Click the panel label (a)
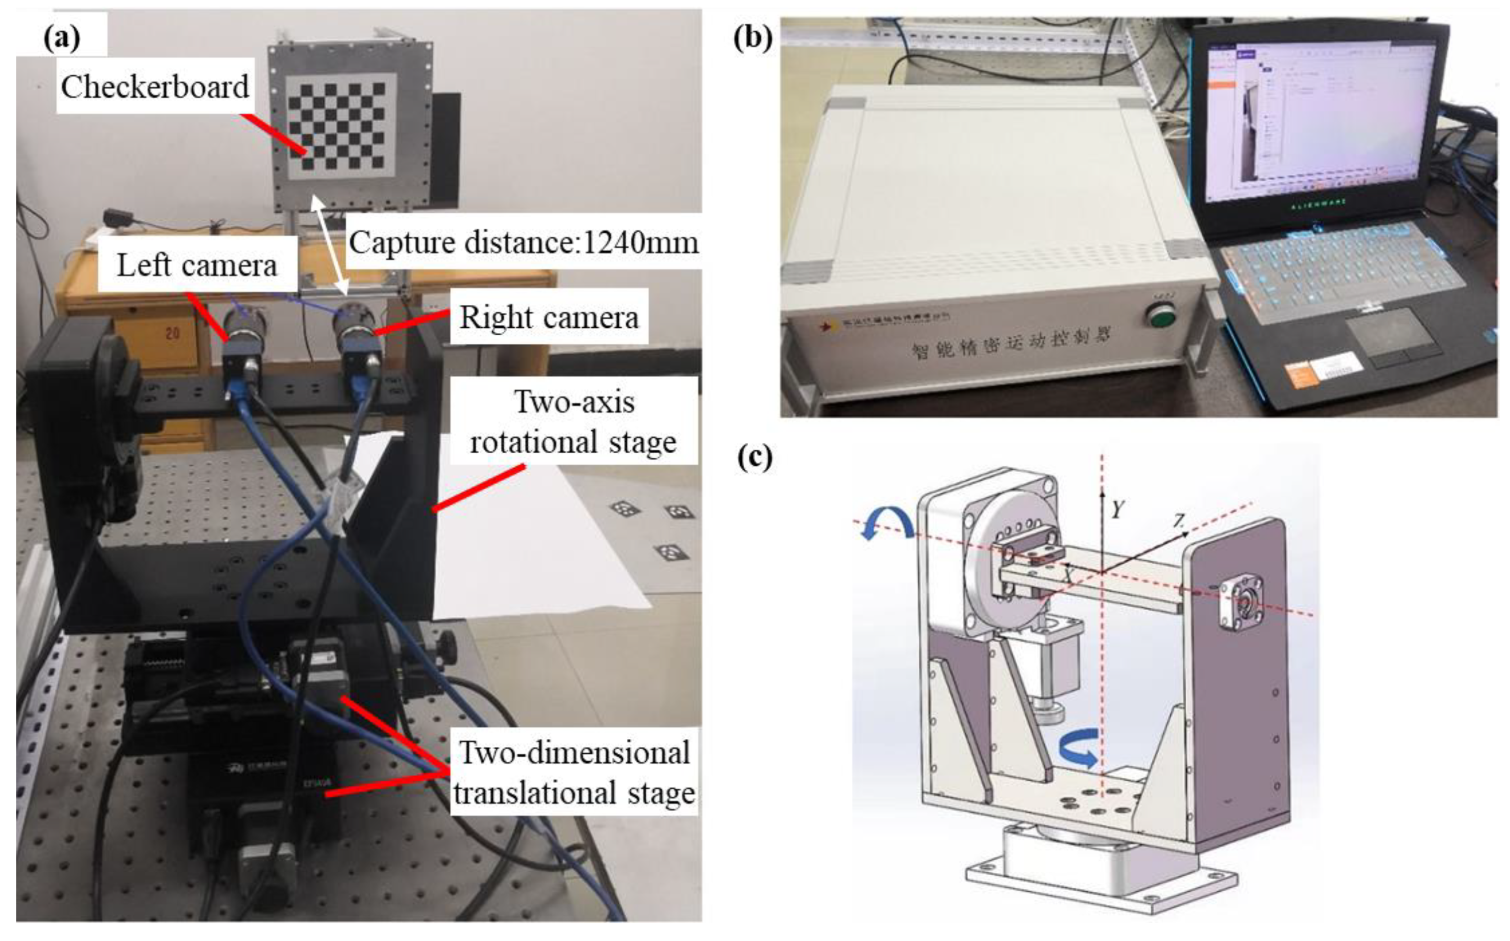[62, 38]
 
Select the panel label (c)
[754, 459]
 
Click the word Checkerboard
[155, 87]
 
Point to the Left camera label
[197, 266]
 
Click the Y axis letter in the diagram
[1117, 510]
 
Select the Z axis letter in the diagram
[1179, 520]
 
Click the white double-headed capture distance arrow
[329, 244]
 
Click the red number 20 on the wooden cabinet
[172, 333]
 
